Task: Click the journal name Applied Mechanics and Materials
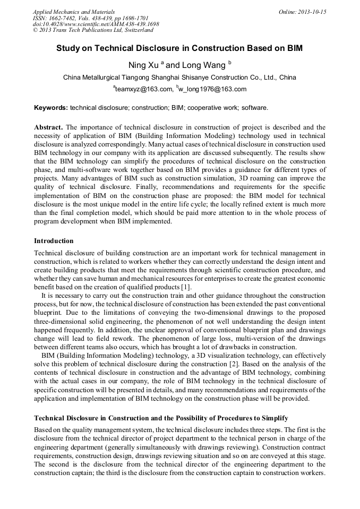click(x=73, y=12)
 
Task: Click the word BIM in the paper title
click(x=293, y=48)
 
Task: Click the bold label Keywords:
click(x=51, y=108)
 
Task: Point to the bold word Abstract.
click(x=48, y=127)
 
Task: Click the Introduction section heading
click(x=54, y=241)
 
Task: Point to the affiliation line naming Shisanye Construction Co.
click(x=179, y=77)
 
